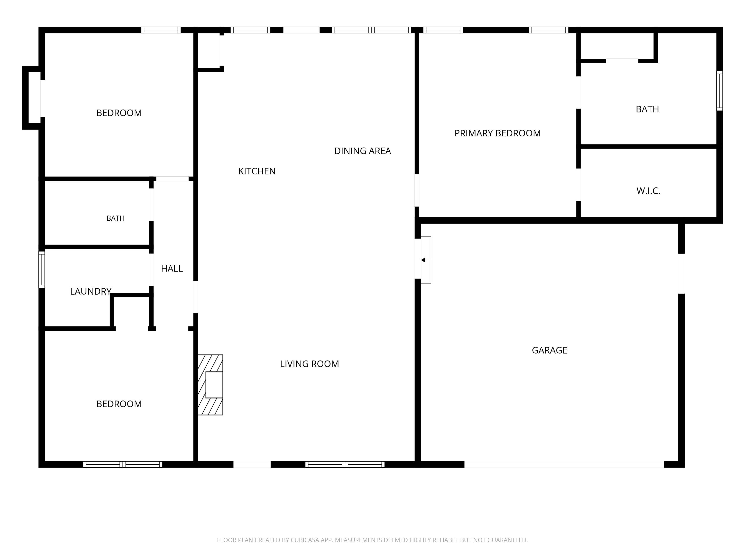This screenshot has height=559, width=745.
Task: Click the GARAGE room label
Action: tap(549, 350)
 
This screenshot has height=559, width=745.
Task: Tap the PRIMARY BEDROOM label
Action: tap(497, 133)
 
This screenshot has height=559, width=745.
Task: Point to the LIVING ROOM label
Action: tap(309, 364)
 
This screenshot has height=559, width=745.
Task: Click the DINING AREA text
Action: tap(362, 151)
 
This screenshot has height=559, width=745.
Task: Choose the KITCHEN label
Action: tap(257, 171)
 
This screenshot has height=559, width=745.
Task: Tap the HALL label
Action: tap(172, 269)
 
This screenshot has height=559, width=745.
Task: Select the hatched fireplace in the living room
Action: tap(210, 385)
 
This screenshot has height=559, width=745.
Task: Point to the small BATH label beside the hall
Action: tap(115, 218)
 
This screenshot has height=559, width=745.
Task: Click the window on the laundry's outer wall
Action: tap(42, 270)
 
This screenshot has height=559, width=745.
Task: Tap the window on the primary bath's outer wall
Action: tap(719, 91)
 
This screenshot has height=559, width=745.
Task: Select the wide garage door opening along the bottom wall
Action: tap(564, 464)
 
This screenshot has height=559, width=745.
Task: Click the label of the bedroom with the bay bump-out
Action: tap(119, 113)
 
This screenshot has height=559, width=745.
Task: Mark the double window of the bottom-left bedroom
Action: tap(123, 464)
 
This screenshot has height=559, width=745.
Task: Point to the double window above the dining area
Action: tap(372, 30)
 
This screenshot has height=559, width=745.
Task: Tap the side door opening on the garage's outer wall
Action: tap(681, 273)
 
